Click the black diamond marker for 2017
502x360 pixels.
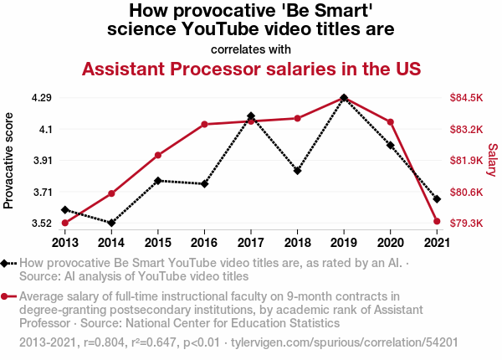pos(251,116)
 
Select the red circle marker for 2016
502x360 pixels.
pos(205,124)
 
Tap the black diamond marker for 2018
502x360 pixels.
pos(297,171)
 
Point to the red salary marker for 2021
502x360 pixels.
pos(437,221)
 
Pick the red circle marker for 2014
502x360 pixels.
pos(111,193)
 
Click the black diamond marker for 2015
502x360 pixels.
pos(158,181)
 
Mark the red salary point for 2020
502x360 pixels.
pos(390,122)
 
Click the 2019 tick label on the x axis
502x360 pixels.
pos(344,243)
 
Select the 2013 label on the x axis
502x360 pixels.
pos(65,243)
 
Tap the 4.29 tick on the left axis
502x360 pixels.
pos(42,97)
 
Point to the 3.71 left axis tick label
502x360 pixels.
pos(43,193)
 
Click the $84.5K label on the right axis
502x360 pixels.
pos(466,97)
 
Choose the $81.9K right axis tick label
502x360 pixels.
pos(466,160)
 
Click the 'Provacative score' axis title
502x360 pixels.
pos(8,161)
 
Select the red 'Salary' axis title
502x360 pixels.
pos(493,160)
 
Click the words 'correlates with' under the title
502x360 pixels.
pos(251,49)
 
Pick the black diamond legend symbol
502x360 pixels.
pos(4,263)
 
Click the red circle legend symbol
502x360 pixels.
pos(4,296)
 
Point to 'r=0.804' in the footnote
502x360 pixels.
pos(104,342)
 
